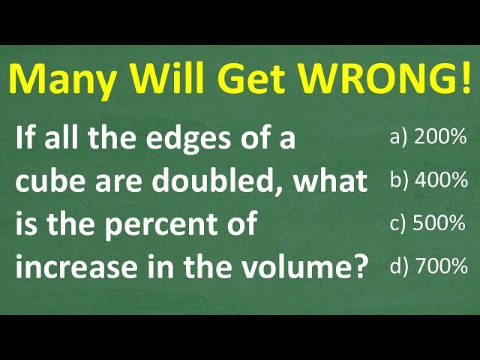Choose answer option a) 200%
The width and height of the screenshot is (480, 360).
click(429, 137)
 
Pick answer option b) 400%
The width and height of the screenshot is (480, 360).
click(429, 180)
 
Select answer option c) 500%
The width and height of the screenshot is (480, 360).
click(429, 223)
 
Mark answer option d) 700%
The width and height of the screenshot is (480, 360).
click(429, 265)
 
